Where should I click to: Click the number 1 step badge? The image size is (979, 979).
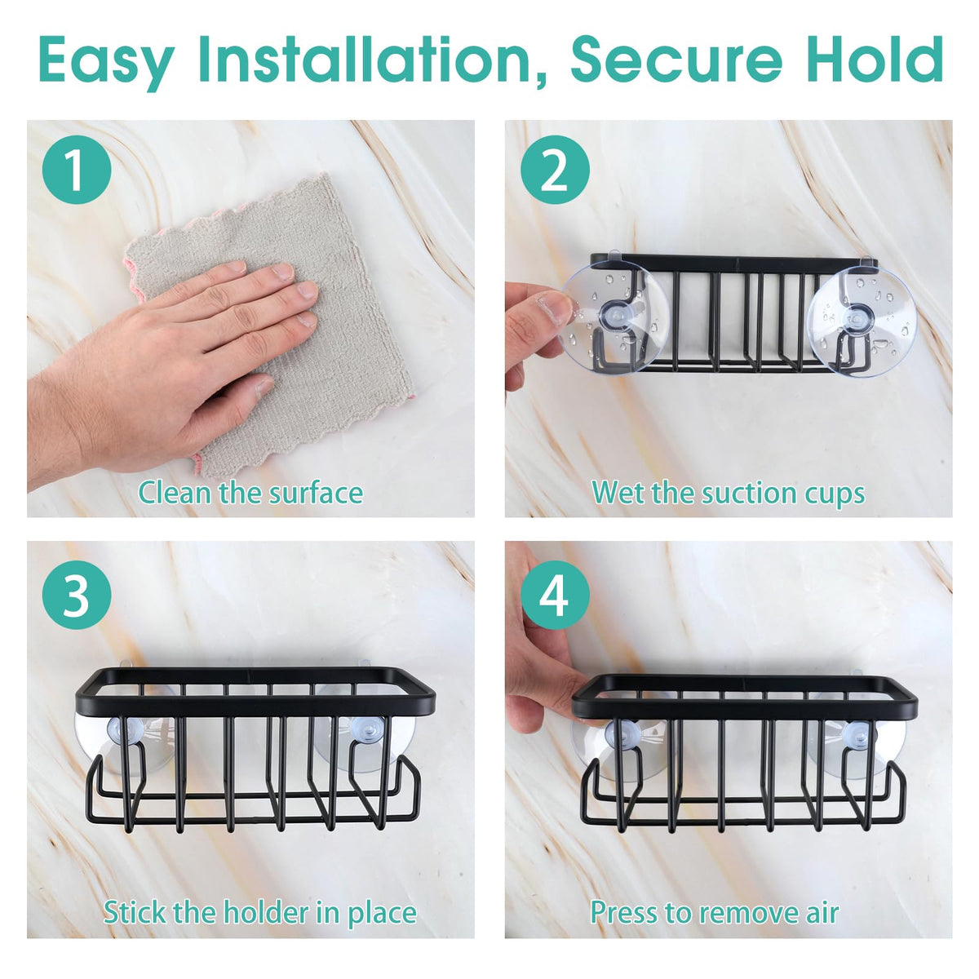pos(76,171)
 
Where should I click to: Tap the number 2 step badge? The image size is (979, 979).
pos(555,171)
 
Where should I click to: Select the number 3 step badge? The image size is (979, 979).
pos(76,595)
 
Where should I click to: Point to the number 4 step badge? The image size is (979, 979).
pos(555,595)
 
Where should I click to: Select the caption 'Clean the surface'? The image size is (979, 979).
pos(250,493)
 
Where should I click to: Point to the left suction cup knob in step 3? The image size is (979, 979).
pos(124,730)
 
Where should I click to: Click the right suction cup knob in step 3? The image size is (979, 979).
pos(363,731)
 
